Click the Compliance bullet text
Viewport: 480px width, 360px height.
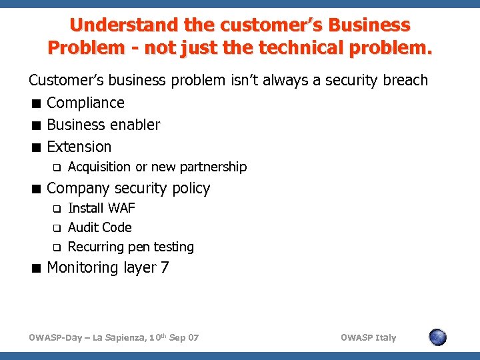[x=85, y=103]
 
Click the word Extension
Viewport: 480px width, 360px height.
[x=79, y=147]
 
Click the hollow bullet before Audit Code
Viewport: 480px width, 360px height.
[x=57, y=228]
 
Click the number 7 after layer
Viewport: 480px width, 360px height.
[x=165, y=268]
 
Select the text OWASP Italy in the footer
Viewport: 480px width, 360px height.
[x=368, y=337]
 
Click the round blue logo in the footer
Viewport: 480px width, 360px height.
[x=437, y=337]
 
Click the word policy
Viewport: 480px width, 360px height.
[x=191, y=189]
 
